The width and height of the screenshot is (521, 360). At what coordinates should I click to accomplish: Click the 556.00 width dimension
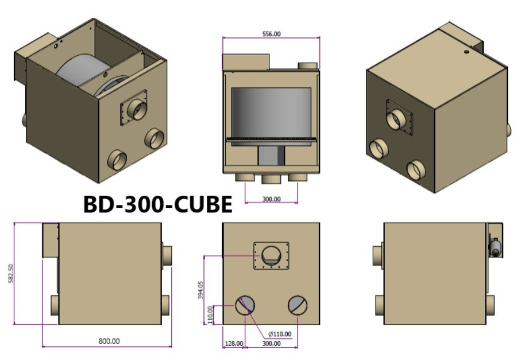(271, 34)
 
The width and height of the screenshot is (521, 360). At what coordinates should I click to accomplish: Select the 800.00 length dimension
(109, 341)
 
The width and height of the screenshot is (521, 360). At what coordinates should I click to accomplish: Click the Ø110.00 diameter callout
(280, 334)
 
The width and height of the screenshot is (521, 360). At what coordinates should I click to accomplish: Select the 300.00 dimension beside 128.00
(271, 343)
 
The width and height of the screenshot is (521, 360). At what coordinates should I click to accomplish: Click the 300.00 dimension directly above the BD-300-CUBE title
(271, 199)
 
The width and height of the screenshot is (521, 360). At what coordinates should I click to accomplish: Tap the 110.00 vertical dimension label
(211, 315)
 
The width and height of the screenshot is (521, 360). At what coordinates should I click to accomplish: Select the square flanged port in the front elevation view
(271, 254)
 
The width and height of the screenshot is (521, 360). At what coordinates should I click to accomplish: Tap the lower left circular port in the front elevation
(245, 305)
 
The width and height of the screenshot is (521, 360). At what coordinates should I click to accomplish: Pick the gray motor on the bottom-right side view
(494, 246)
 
